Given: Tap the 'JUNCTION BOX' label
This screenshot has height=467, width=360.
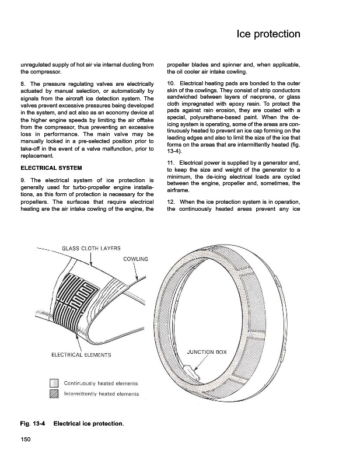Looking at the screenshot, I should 206,353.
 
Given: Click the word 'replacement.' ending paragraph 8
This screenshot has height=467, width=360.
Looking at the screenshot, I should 38,156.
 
